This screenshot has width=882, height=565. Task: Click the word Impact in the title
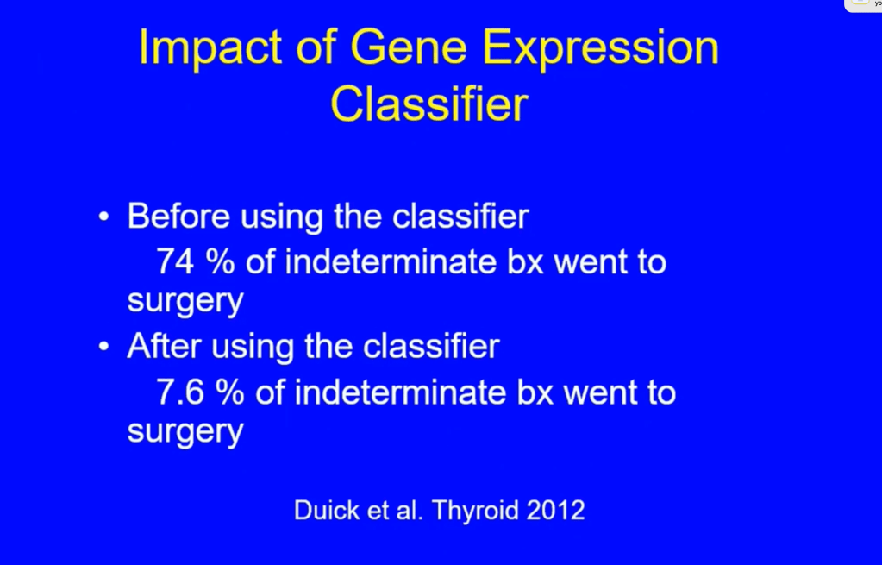(x=210, y=48)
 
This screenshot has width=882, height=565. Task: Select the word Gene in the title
(x=409, y=47)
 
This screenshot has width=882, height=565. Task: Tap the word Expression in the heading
(x=601, y=49)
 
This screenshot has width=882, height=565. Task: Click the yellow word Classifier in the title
(x=429, y=104)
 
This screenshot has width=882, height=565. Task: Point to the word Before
(x=178, y=216)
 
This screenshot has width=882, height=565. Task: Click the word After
(x=164, y=346)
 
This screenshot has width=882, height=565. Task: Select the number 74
(x=176, y=261)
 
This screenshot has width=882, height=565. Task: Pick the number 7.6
(x=180, y=392)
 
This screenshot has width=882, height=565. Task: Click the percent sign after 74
(x=220, y=261)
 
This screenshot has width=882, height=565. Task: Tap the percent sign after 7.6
(x=229, y=392)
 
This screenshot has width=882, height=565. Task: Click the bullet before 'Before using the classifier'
(x=103, y=217)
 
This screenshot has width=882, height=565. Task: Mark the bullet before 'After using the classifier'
(x=103, y=347)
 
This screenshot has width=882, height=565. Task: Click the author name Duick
(x=326, y=511)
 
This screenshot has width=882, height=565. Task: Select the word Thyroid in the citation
(x=475, y=512)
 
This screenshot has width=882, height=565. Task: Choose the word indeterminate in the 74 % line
(x=391, y=261)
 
